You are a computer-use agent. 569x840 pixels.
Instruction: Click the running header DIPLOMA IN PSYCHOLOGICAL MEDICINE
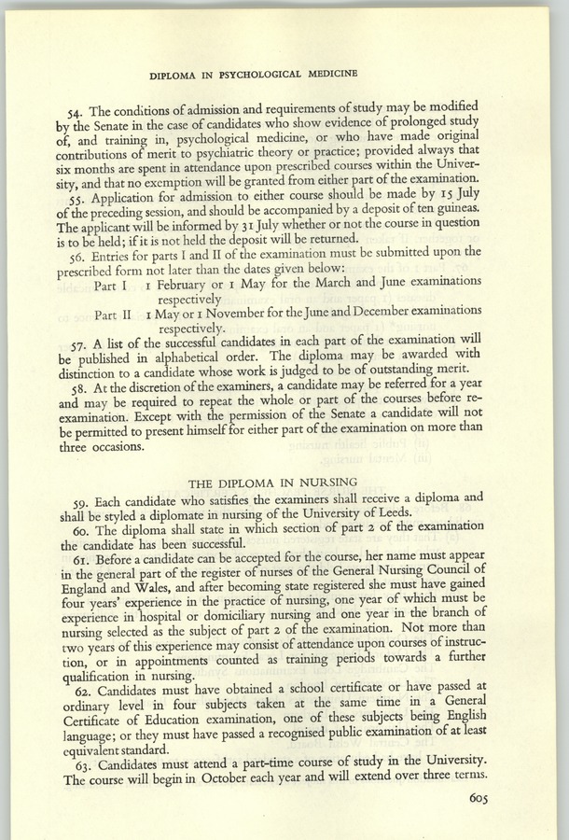285,72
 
